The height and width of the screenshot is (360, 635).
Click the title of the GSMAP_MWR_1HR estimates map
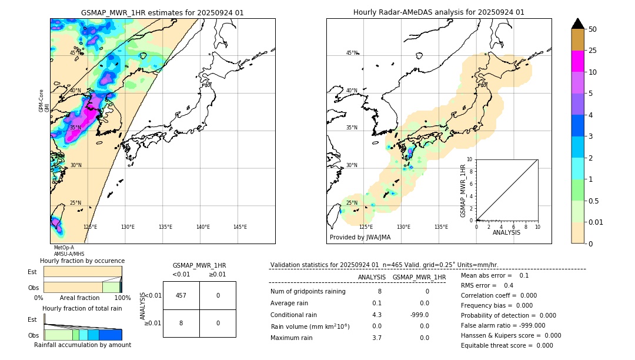pos(162,12)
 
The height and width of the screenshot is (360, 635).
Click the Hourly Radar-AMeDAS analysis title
pos(439,12)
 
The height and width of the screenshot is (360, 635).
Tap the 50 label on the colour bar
pos(593,29)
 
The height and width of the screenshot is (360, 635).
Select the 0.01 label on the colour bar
pos(596,222)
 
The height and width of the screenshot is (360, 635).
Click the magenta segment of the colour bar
pos(577,61)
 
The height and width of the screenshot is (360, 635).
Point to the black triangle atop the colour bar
pos(577,24)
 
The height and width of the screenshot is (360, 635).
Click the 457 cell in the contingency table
pos(181,295)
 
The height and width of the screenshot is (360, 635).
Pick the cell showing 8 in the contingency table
pos(181,323)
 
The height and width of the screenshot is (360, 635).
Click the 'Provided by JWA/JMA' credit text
pos(360,237)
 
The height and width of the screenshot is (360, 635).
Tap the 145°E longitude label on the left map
pos(240,227)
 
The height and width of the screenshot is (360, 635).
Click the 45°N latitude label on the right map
pos(352,53)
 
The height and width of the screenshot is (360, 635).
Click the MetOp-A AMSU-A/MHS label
pos(69,251)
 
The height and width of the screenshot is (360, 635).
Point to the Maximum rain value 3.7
pos(376,338)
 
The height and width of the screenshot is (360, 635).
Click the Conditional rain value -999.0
pos(419,315)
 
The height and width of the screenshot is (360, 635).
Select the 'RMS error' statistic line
pos(487,285)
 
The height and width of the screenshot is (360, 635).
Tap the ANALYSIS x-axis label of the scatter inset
pos(506,232)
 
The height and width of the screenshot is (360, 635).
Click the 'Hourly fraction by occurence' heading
pos(82,261)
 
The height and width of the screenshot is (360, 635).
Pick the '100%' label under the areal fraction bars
pos(122,298)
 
